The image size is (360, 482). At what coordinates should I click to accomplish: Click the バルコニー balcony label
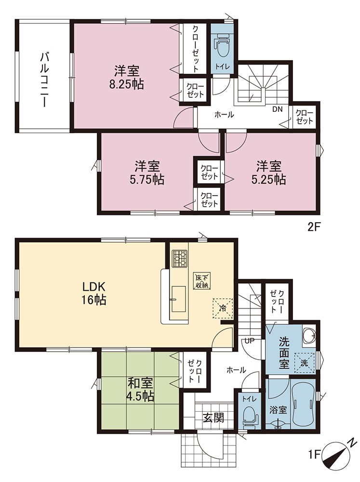point(45,80)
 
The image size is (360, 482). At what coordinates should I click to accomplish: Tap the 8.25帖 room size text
point(126,84)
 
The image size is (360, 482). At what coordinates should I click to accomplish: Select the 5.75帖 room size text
point(147,179)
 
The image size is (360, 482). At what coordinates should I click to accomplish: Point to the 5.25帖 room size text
point(269,179)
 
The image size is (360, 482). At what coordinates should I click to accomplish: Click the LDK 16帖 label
point(94,293)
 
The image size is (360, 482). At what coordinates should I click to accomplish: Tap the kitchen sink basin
point(178,299)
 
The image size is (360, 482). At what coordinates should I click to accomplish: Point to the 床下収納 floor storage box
point(201,281)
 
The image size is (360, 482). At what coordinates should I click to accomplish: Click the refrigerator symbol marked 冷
point(222,308)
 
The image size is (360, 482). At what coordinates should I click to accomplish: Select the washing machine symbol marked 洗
point(304,363)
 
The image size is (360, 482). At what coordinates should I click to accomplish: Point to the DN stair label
point(277,109)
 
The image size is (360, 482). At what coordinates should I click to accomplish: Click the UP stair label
point(249,341)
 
